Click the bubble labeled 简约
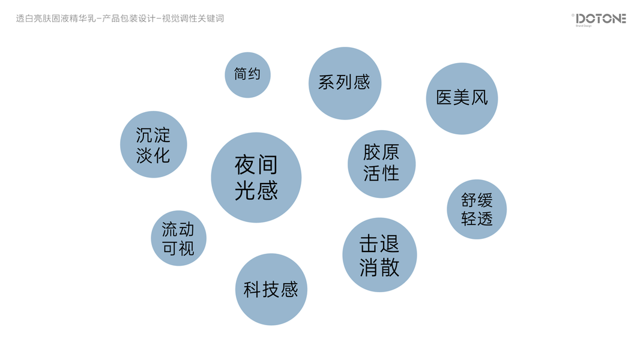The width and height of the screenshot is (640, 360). click(247, 75)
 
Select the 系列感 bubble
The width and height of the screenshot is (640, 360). click(345, 83)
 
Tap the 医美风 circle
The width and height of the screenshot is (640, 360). click(462, 98)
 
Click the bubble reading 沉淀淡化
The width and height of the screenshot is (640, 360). click(154, 145)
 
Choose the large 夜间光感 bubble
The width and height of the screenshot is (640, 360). click(256, 178)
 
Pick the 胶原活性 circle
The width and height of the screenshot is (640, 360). click(381, 164)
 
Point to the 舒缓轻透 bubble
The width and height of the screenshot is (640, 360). click(477, 209)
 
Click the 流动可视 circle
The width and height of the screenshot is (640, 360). click(178, 238)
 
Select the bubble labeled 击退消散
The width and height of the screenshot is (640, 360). click(379, 255)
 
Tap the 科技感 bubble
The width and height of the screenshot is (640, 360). click(271, 289)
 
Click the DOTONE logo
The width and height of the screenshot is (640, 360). click(600, 19)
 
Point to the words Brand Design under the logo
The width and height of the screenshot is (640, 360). click(584, 26)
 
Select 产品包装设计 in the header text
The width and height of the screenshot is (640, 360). click(127, 19)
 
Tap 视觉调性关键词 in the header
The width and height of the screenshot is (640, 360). click(193, 19)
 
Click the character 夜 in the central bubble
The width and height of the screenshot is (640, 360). click(244, 164)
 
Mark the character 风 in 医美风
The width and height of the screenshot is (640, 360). click(479, 98)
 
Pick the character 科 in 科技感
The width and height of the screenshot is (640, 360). click(252, 290)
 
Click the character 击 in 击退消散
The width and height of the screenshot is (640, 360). click(369, 244)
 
